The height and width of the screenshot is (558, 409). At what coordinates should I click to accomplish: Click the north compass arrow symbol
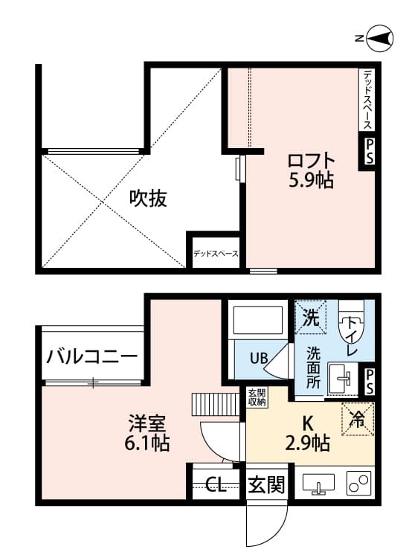click(x=381, y=39)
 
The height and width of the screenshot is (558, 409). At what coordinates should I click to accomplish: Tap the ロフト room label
click(x=312, y=161)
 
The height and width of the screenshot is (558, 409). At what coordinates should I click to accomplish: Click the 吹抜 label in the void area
click(x=148, y=198)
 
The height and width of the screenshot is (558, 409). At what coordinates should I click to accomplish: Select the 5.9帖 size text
click(x=312, y=180)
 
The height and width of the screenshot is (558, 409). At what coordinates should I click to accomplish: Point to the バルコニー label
click(x=91, y=356)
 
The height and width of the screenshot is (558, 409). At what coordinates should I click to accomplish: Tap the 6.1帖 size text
click(x=148, y=444)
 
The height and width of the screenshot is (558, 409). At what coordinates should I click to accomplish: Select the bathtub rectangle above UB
click(x=257, y=321)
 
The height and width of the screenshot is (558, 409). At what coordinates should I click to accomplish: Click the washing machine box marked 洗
click(x=311, y=318)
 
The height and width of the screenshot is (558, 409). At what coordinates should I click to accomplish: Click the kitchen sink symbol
click(x=318, y=484)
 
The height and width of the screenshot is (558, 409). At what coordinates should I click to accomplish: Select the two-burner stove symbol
click(x=358, y=484)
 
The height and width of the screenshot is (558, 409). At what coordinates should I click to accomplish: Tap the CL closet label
click(x=216, y=487)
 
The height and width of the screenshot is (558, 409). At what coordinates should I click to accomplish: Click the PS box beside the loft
click(x=369, y=153)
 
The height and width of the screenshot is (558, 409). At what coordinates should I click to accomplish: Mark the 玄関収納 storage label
click(x=257, y=398)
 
